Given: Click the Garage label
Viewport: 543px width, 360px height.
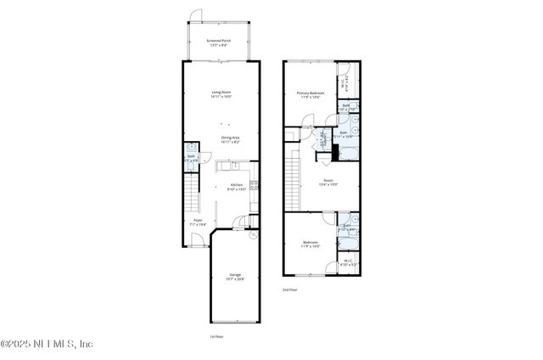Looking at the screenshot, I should click(x=235, y=275).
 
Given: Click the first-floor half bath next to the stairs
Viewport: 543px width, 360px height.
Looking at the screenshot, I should click(x=191, y=157).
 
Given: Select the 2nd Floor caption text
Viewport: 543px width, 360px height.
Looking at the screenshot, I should click(x=290, y=290).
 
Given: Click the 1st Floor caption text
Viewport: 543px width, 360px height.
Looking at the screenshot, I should click(x=216, y=336).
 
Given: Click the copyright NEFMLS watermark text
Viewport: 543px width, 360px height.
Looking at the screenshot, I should click(x=47, y=344).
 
